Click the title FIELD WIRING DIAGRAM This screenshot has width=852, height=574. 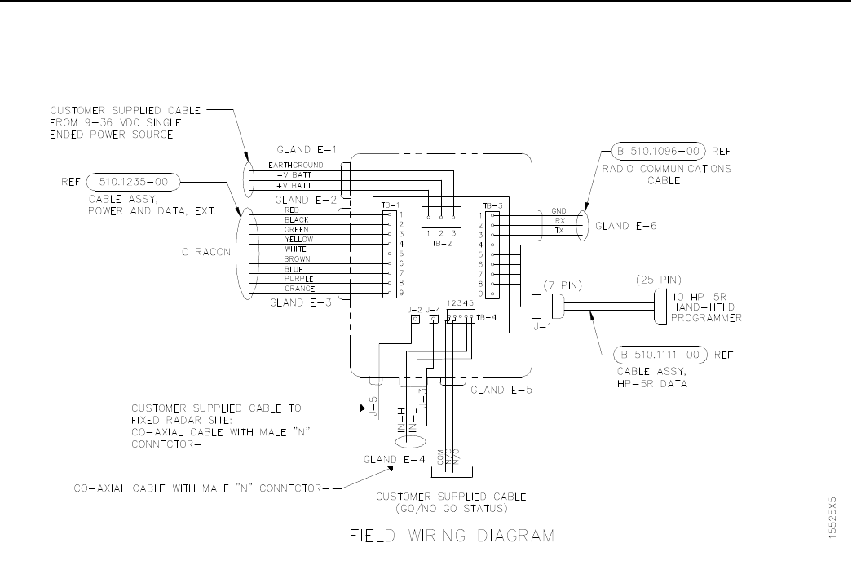[x=452, y=536]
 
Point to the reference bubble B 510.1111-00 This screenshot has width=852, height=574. [x=659, y=355]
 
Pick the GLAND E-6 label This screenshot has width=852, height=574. [x=626, y=226]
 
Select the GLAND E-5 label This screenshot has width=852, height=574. [x=502, y=390]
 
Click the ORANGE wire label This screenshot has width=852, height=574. [x=298, y=289]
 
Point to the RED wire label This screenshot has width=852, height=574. [x=292, y=210]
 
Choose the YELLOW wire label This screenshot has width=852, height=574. [x=298, y=240]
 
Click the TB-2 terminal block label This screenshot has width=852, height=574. [x=440, y=242]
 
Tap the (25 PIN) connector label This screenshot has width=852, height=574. [x=657, y=280]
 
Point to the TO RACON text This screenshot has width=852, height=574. [x=203, y=252]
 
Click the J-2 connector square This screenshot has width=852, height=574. [x=415, y=320]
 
